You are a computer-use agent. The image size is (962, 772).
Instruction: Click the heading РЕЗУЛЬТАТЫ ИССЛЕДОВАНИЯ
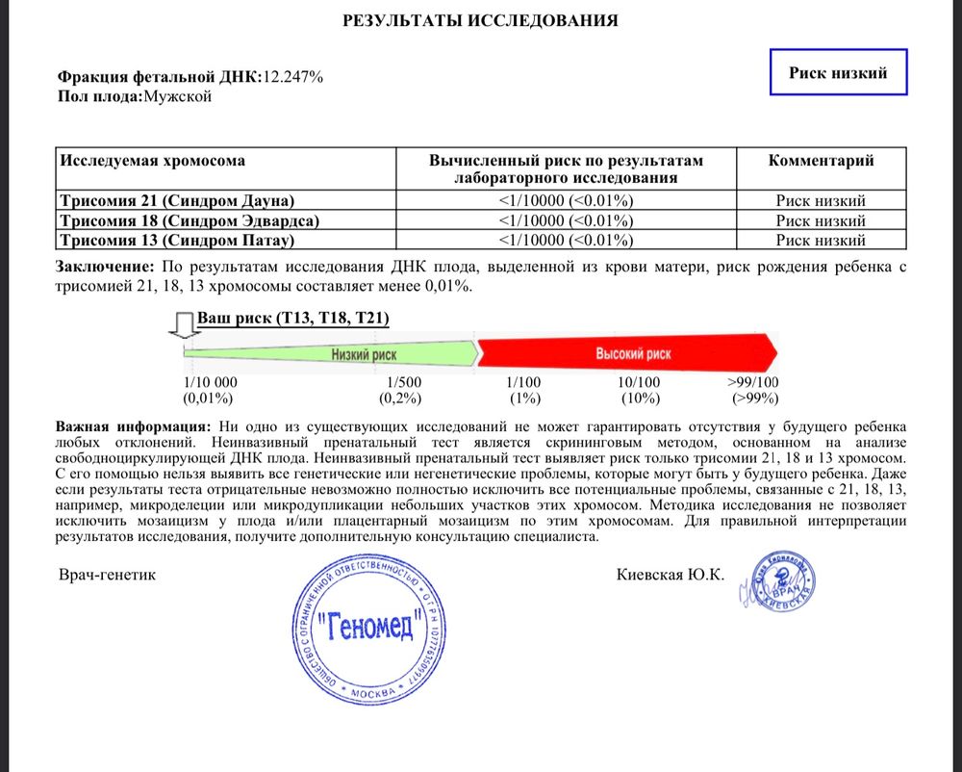(480, 20)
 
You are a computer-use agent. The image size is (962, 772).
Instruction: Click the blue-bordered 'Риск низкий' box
(838, 72)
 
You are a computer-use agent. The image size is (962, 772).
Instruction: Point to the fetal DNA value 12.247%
(293, 77)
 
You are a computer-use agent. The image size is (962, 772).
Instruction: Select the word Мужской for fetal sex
(177, 96)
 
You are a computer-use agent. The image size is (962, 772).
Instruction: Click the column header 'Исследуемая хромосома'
(152, 161)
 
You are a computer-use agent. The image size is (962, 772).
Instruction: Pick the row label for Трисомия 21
(176, 201)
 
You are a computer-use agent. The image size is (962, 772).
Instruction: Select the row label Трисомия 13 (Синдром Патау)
(176, 241)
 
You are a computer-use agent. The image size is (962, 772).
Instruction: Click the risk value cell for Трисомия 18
(566, 220)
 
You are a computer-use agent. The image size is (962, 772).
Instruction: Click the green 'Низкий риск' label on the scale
(364, 354)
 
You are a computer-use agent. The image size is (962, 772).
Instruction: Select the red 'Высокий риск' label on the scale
(632, 354)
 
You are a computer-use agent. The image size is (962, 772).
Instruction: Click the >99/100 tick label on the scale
(753, 382)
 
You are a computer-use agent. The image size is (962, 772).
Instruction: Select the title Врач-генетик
(106, 575)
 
